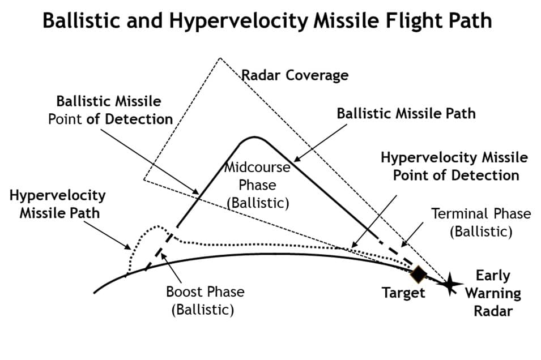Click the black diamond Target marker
click(418, 274)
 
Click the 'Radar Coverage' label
click(295, 75)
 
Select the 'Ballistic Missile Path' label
click(406, 113)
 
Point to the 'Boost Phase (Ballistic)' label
click(205, 300)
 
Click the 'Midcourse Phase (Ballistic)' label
click(258, 185)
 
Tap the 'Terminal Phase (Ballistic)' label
click(481, 222)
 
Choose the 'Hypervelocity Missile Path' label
click(57, 204)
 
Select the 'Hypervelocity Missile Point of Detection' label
click(454, 165)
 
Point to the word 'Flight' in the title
click(404, 21)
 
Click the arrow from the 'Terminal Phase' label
click(414, 235)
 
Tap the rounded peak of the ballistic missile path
click(255, 137)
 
